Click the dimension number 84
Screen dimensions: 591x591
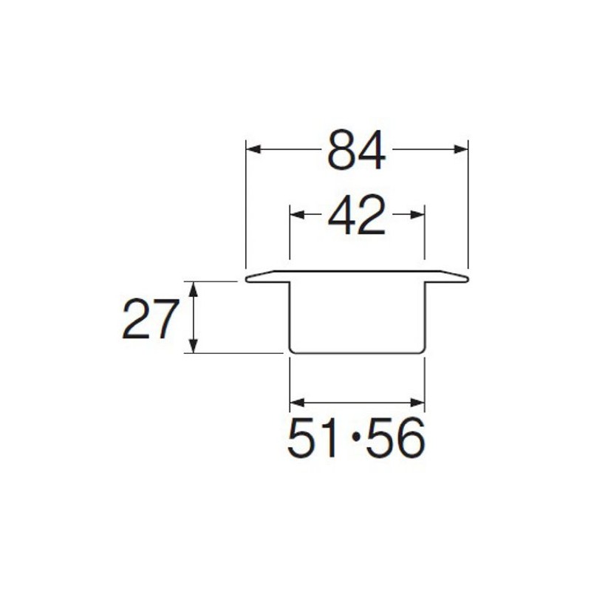[x=357, y=150]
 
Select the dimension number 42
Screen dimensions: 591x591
[x=357, y=215]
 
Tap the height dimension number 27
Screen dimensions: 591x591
[x=151, y=319]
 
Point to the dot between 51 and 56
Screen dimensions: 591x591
[x=356, y=437]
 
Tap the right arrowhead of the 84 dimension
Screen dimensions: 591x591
[x=462, y=149]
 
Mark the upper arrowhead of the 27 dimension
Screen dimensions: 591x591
[x=194, y=288]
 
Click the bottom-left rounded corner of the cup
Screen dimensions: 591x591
[x=292, y=350]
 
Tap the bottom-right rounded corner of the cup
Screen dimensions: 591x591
[x=422, y=350]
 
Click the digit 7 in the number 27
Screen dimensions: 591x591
[x=165, y=319]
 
